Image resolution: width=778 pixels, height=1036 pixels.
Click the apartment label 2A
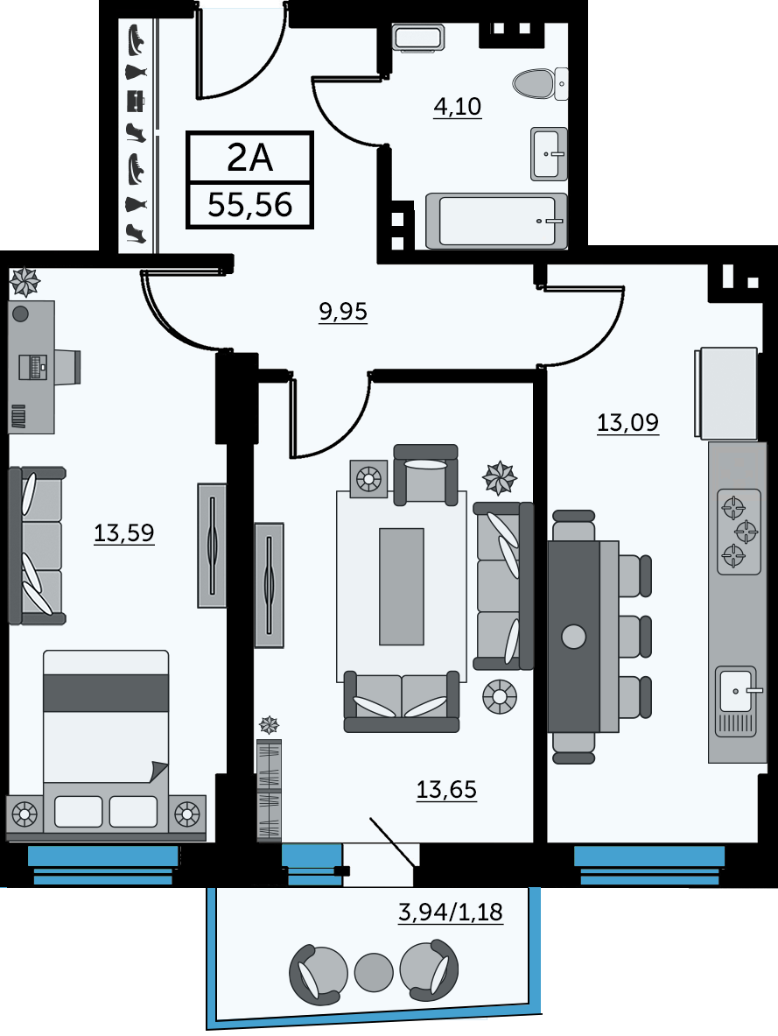coord(249,158)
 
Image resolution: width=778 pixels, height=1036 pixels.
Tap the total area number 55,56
coord(249,205)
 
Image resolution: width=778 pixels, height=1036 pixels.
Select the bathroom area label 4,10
coord(457,106)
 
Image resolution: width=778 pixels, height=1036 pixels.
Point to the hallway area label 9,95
coord(343,311)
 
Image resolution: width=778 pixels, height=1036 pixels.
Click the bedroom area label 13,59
coord(124,532)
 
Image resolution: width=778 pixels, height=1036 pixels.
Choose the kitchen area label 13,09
coord(627,421)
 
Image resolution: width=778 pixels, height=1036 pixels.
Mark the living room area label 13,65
coord(446,789)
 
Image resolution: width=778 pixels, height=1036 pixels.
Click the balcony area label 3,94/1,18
coord(451,912)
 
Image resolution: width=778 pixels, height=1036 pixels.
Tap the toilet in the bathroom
coord(540,84)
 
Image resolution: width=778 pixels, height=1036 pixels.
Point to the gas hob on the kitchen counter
coord(739,532)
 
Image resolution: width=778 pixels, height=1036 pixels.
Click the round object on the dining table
coord(573,637)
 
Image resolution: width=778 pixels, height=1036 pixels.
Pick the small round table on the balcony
coord(374,972)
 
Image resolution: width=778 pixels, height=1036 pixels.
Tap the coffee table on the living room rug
coord(402,586)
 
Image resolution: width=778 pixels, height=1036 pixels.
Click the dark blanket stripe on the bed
coord(106,693)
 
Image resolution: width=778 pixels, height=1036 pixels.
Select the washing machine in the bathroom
coord(418,38)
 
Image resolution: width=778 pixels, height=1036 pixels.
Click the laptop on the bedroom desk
coord(33,367)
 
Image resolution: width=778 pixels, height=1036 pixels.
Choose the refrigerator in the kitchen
coord(725,393)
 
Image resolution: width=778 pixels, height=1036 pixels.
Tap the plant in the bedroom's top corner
coord(25,281)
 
